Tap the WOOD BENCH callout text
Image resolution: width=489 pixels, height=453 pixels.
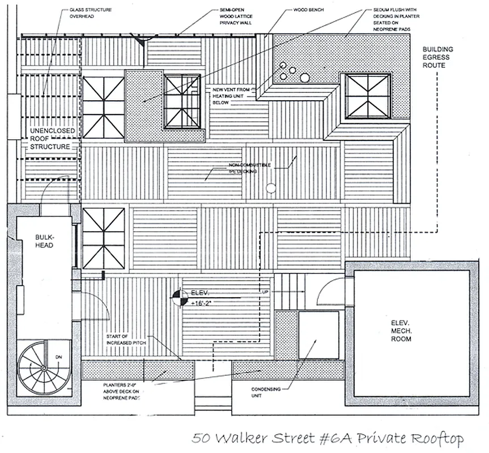pos(308,10)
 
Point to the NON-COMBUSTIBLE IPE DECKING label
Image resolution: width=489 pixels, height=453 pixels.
pos(243,168)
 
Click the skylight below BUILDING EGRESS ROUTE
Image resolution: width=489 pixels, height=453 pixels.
pos(368,96)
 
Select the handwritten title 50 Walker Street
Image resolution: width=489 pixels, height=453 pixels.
pos(327,439)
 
